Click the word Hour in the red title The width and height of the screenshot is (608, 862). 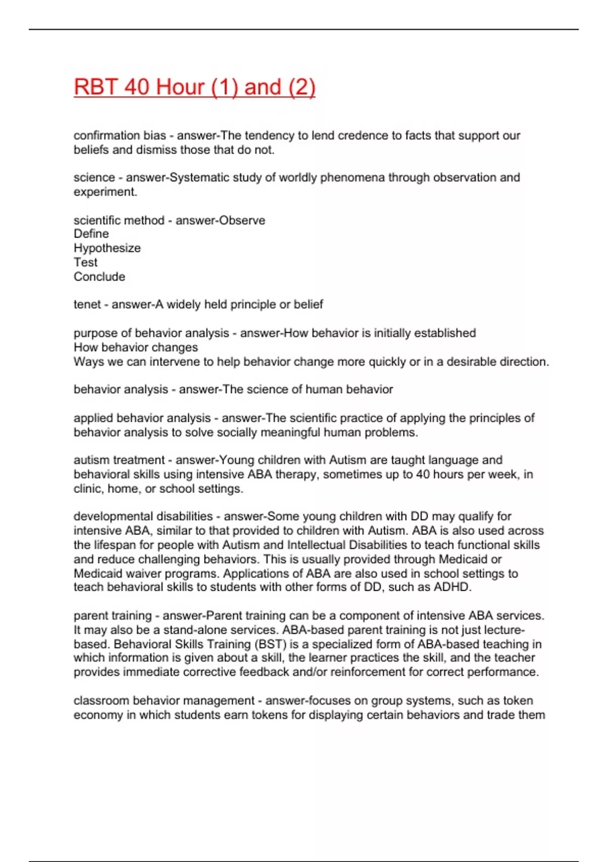click(x=179, y=87)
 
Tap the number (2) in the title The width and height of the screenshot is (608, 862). click(x=301, y=87)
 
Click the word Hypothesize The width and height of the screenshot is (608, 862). click(x=107, y=248)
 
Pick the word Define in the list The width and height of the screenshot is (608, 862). click(x=91, y=234)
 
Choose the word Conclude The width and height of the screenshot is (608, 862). click(x=99, y=276)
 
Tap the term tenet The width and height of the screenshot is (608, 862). click(x=87, y=304)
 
